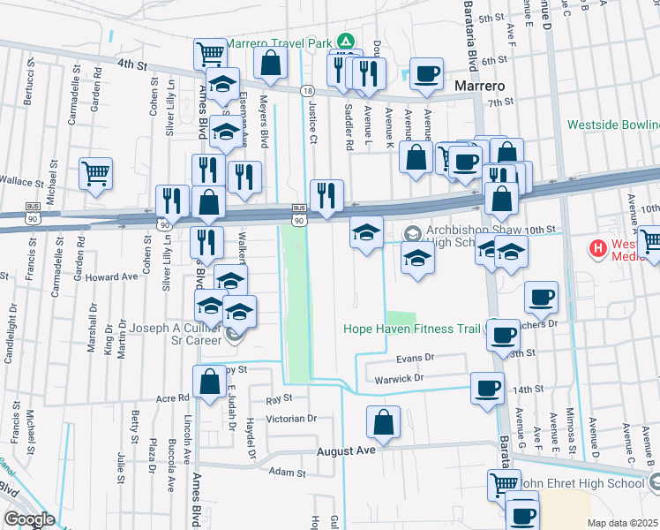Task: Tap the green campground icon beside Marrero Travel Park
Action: (x=348, y=42)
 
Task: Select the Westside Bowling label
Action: (x=613, y=125)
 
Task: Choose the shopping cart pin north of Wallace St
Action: (x=95, y=173)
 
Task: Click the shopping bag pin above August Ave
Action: (x=384, y=422)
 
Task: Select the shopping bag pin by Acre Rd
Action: (x=210, y=382)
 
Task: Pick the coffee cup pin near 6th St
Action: (x=427, y=74)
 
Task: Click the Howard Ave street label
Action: (x=112, y=276)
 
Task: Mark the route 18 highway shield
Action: (x=306, y=91)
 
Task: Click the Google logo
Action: (x=29, y=519)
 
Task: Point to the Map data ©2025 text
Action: (x=622, y=523)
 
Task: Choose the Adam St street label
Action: (x=287, y=473)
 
